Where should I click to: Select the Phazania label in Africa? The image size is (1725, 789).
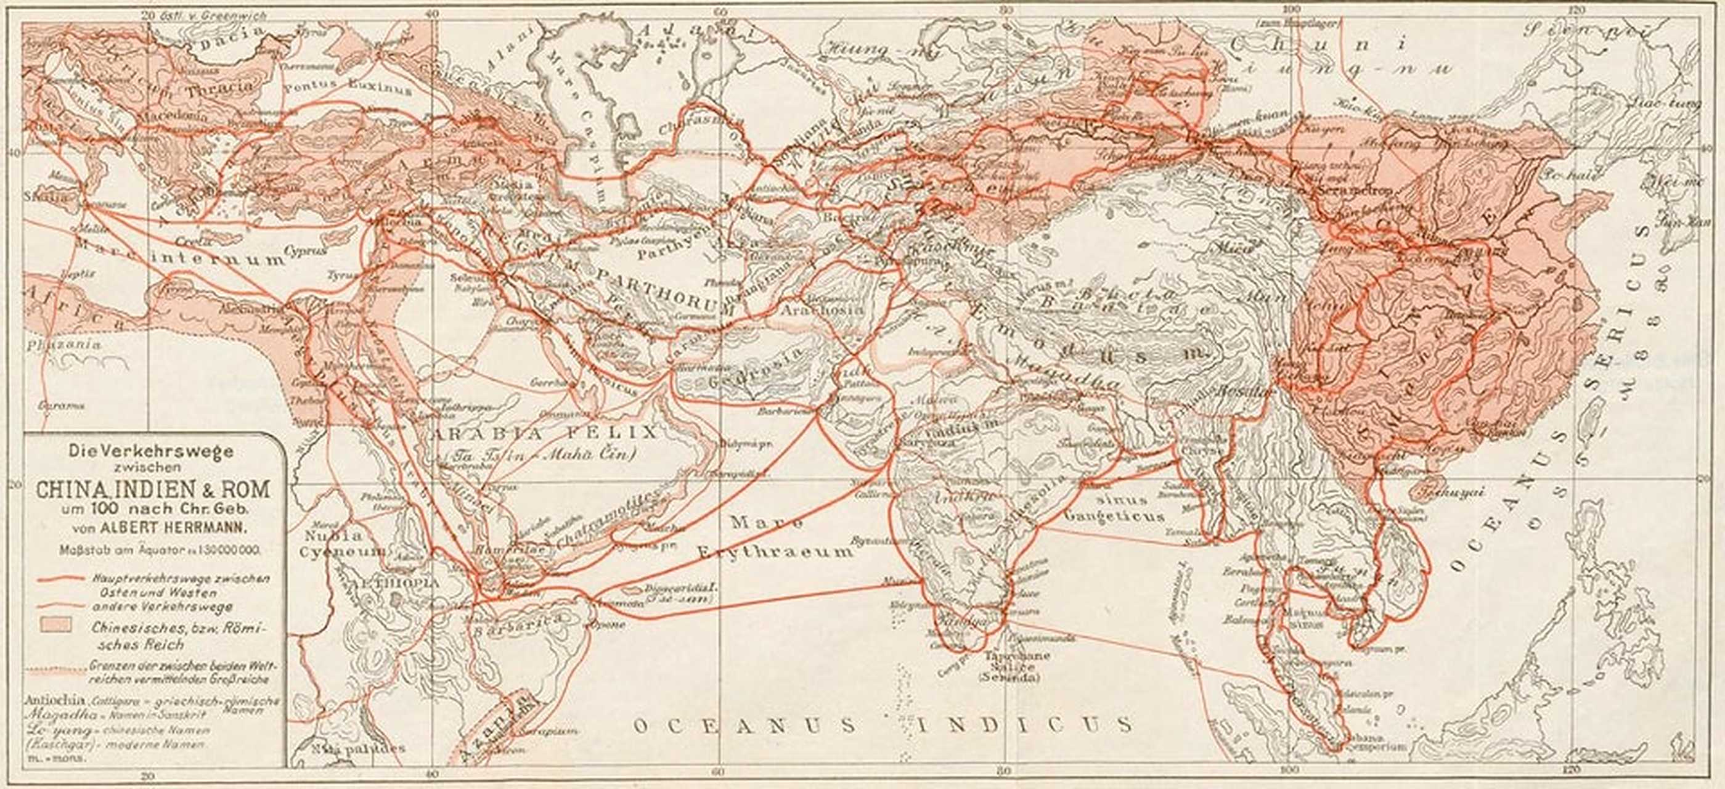point(63,345)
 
